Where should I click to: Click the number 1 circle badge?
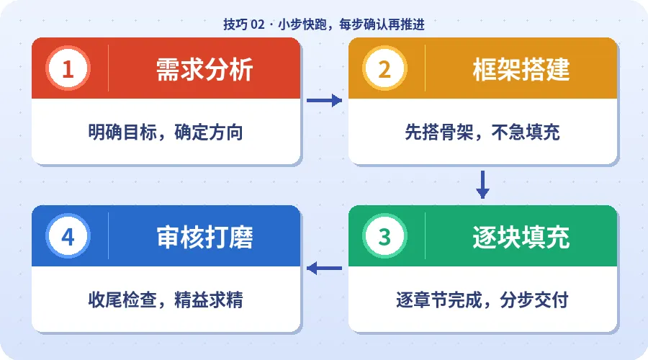[x=68, y=69]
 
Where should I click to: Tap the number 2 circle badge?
[x=384, y=69]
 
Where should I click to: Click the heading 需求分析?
[x=204, y=69]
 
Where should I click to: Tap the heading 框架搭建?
[x=521, y=69]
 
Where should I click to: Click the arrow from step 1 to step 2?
[x=324, y=101]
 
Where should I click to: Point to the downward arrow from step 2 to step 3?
[x=482, y=184]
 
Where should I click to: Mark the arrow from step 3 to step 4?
[x=324, y=269]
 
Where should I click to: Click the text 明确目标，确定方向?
[x=166, y=132]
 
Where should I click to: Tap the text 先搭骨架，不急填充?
[x=482, y=132]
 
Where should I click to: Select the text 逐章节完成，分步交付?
[x=482, y=300]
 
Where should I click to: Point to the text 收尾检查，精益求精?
[x=166, y=300]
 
